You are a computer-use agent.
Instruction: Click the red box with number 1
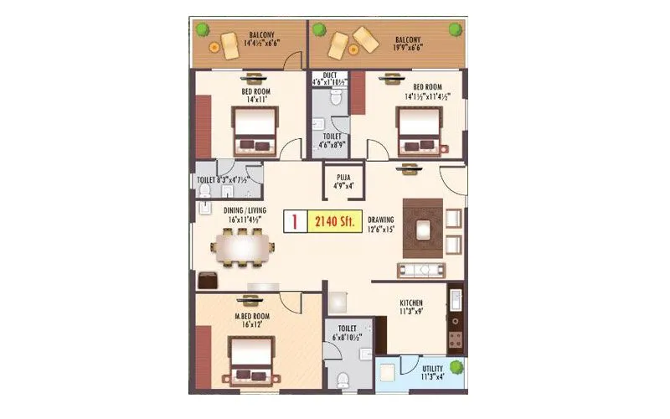coord(295,221)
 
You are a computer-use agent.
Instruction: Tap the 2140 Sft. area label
coord(334,221)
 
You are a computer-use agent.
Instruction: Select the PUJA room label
coord(343,177)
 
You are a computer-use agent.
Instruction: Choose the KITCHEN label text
coord(410,303)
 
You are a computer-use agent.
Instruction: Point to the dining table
coord(243,247)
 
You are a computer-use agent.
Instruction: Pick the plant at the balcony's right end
coord(455,29)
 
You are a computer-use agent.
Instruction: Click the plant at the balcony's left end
coord(202,29)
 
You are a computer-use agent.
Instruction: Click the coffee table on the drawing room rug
coord(425,227)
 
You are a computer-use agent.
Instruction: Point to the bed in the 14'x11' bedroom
coord(252,131)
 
